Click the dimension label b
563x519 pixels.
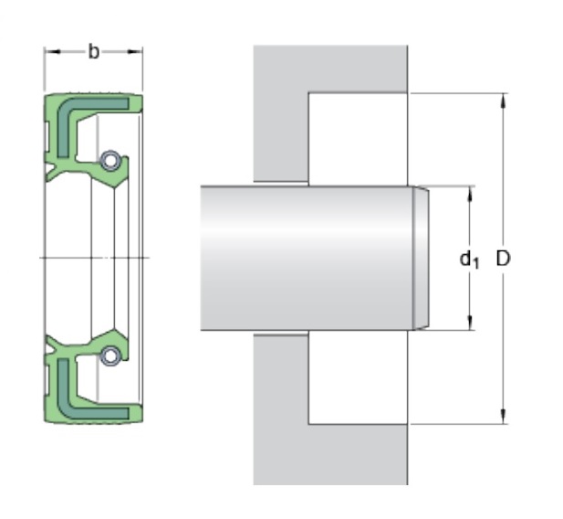click(93, 52)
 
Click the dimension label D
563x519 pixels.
click(503, 258)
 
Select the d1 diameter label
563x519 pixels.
click(469, 259)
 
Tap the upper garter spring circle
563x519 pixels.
click(109, 160)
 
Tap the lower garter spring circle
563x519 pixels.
click(109, 356)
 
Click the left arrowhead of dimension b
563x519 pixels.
click(52, 52)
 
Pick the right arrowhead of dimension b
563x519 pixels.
click(135, 52)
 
